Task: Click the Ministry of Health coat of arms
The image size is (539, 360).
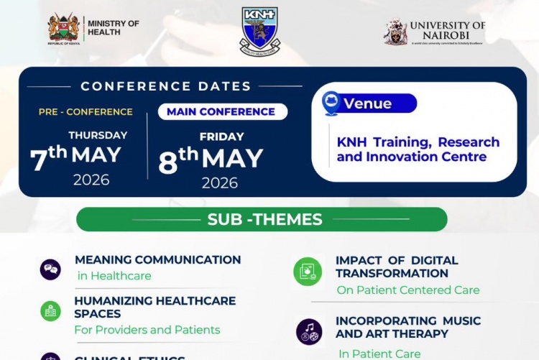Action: click(63, 29)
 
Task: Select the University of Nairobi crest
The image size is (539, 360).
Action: click(395, 32)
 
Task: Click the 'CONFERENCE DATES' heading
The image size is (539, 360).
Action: click(166, 86)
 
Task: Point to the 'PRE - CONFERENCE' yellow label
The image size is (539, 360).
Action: click(86, 112)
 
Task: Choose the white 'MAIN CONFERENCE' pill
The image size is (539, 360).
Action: click(221, 112)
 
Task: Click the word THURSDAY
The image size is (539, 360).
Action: click(98, 135)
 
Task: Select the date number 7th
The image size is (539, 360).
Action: click(48, 157)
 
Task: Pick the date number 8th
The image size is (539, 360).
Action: click(178, 160)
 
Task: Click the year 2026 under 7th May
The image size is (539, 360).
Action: click(91, 180)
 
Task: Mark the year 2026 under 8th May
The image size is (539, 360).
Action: click(219, 183)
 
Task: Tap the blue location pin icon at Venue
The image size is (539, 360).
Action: click(331, 103)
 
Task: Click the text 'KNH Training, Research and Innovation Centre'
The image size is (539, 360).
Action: click(418, 149)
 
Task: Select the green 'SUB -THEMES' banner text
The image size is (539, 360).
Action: click(264, 219)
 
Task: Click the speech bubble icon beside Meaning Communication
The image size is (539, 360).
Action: click(50, 269)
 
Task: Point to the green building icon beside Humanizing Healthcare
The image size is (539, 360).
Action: click(50, 310)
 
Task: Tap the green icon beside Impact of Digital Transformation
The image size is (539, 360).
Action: click(308, 272)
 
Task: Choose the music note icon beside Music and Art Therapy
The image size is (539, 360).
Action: click(309, 331)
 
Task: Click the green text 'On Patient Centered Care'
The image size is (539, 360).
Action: click(407, 290)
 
